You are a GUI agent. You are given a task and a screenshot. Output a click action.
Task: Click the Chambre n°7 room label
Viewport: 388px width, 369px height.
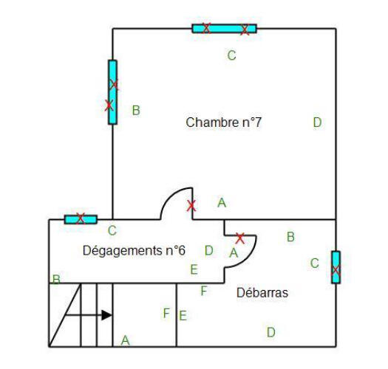pyautogui.click(x=223, y=123)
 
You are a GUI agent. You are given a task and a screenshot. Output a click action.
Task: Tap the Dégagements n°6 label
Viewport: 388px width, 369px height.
pyautogui.click(x=134, y=251)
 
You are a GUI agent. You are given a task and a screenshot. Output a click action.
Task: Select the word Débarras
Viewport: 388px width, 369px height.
pyautogui.click(x=262, y=293)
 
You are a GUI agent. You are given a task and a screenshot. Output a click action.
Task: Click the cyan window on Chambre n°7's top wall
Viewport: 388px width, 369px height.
pyautogui.click(x=225, y=29)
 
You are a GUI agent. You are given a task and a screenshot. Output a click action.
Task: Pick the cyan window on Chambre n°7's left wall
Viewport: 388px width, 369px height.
pyautogui.click(x=112, y=92)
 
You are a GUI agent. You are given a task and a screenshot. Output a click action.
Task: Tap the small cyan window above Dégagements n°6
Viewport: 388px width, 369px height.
pyautogui.click(x=81, y=219)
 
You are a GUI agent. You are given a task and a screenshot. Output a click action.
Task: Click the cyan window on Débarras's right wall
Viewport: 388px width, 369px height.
pyautogui.click(x=336, y=267)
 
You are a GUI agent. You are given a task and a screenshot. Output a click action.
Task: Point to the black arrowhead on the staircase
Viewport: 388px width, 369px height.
pyautogui.click(x=107, y=315)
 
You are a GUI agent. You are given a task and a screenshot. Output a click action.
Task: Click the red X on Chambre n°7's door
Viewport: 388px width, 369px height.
pyautogui.click(x=191, y=206)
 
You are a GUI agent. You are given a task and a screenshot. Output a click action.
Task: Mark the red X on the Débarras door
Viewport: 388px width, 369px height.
pyautogui.click(x=240, y=238)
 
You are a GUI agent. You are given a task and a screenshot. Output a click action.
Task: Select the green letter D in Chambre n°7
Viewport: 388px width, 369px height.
pyautogui.click(x=317, y=123)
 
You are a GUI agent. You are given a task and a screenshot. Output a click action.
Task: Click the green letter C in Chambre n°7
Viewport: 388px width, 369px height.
pyautogui.click(x=231, y=55)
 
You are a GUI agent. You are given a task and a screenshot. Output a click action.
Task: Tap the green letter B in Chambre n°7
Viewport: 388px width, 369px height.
pyautogui.click(x=136, y=110)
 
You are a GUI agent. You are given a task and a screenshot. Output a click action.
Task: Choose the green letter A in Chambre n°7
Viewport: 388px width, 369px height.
pyautogui.click(x=222, y=203)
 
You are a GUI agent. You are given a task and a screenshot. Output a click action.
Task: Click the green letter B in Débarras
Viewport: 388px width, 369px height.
pyautogui.click(x=290, y=237)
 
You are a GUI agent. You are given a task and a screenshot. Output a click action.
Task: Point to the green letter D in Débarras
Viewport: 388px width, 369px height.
pyautogui.click(x=271, y=332)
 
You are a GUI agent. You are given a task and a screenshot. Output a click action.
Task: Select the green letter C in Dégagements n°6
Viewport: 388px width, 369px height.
pyautogui.click(x=112, y=230)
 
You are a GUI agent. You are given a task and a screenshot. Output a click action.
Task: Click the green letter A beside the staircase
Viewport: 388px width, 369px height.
pyautogui.click(x=125, y=340)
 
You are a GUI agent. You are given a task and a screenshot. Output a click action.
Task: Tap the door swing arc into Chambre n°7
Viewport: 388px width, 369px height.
pyautogui.click(x=170, y=196)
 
